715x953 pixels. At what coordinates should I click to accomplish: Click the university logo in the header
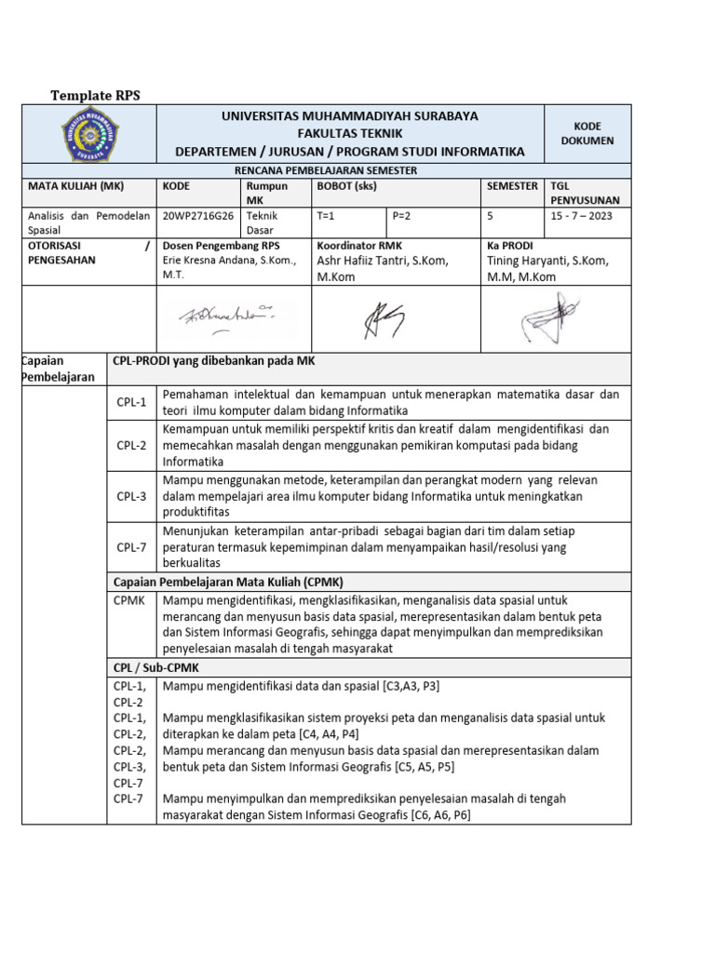[89, 134]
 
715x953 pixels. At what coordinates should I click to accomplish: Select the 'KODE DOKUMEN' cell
[587, 133]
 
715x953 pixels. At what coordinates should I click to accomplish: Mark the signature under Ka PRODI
[549, 316]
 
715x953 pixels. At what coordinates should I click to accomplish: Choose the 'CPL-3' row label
[132, 496]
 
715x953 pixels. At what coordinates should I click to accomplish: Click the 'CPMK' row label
[130, 600]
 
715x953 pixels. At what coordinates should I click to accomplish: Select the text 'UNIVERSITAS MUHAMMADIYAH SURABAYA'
[349, 116]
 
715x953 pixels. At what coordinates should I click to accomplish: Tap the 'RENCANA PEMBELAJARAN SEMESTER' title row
[325, 170]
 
